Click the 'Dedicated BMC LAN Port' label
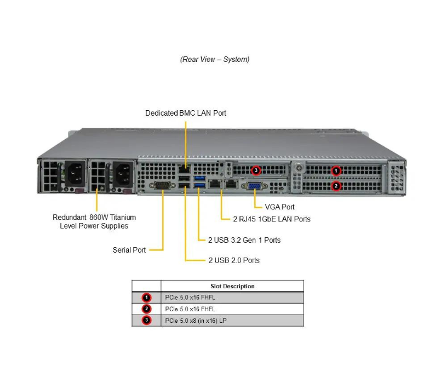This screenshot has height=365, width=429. [x=185, y=113]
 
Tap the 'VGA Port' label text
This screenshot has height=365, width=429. [x=279, y=207]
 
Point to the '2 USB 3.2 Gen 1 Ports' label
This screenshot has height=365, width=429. [x=244, y=240]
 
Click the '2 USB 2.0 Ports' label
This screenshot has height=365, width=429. [x=234, y=260]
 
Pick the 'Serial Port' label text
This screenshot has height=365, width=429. [x=129, y=250]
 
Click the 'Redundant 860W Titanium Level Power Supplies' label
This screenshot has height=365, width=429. [x=94, y=221]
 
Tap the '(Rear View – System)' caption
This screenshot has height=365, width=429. [x=214, y=59]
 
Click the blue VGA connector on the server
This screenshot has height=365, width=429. [x=255, y=186]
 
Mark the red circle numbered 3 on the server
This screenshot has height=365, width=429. [x=255, y=170]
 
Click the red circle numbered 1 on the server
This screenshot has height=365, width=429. [x=337, y=171]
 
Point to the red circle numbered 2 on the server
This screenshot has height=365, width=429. [x=337, y=186]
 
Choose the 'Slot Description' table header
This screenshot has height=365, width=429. [x=232, y=286]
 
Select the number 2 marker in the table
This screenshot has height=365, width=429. [x=146, y=309]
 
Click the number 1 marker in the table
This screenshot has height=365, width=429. [x=146, y=298]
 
